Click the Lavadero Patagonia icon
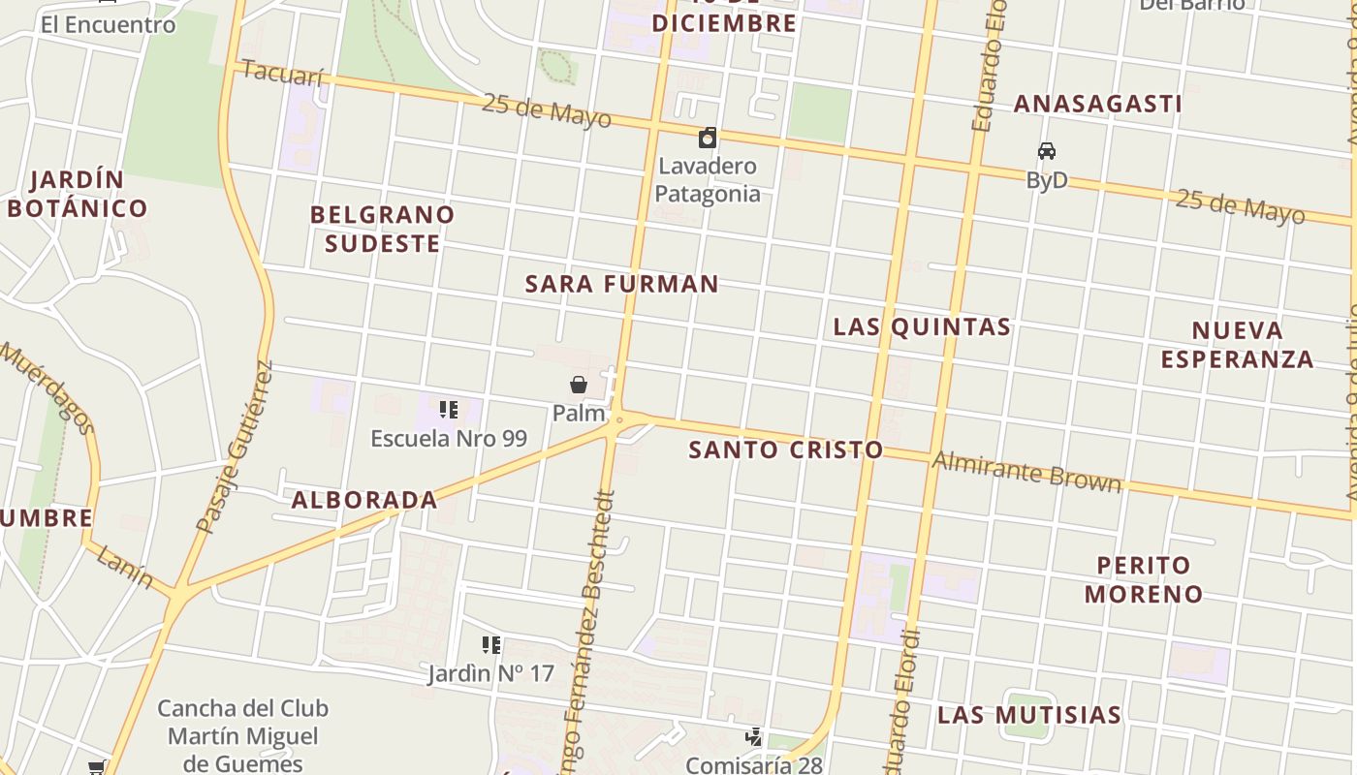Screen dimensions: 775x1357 (x=709, y=138)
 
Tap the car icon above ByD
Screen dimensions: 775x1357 (x=1047, y=151)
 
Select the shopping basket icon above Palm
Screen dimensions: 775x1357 (x=579, y=385)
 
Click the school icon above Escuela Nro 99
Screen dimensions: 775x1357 (x=448, y=410)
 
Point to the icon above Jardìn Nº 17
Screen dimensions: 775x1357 (x=491, y=644)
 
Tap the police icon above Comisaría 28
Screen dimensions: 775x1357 (x=753, y=738)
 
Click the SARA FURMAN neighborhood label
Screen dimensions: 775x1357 (x=621, y=284)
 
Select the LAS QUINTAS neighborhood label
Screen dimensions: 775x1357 (x=922, y=326)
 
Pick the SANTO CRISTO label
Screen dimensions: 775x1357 (x=785, y=449)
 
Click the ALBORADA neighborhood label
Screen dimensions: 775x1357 (x=364, y=500)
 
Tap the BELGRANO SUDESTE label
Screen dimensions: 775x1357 (x=382, y=229)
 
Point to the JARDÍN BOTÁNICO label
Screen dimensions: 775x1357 (x=78, y=194)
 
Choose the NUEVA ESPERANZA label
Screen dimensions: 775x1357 (x=1237, y=345)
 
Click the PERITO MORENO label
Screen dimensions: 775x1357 (x=1144, y=579)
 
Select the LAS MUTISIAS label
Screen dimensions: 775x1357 (x=1029, y=715)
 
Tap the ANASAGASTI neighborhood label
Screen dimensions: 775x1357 (x=1097, y=104)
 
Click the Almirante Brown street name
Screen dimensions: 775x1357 (x=1026, y=472)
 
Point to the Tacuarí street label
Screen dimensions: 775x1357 (x=282, y=74)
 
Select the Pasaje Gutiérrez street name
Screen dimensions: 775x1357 (x=236, y=448)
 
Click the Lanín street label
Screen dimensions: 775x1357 (x=125, y=567)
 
